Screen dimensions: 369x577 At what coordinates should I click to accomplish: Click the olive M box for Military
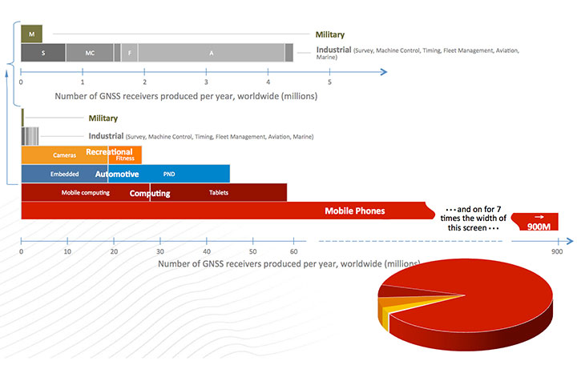[31, 34]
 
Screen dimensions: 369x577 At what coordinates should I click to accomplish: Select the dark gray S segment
[43, 53]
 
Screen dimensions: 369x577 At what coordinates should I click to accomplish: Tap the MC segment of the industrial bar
[90, 53]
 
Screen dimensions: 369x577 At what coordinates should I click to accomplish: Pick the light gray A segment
[212, 53]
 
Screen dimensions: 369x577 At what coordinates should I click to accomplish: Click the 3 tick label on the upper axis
[206, 82]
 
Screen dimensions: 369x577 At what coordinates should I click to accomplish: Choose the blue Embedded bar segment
[64, 174]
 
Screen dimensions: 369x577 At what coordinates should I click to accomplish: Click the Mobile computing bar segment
[85, 193]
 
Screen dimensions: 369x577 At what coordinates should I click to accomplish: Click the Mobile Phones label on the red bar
[354, 211]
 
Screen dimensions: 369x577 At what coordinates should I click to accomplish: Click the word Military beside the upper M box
[329, 34]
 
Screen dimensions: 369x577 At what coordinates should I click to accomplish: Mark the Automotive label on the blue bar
[117, 174]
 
